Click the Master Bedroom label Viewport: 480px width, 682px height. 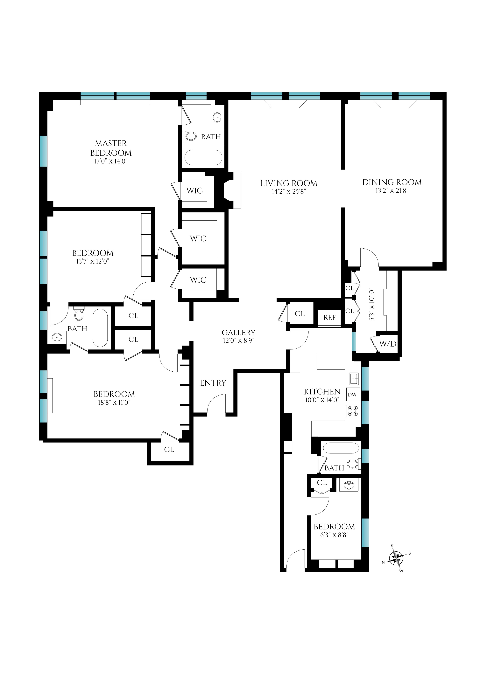111,148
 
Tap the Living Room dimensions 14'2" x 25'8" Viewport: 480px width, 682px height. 289,192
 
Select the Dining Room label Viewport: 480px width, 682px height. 392,182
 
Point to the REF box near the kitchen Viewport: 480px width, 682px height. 329,318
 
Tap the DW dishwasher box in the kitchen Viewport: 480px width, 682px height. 352,395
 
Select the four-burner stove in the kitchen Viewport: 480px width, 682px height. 353,411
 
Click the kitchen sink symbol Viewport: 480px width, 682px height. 354,379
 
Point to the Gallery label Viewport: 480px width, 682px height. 238,332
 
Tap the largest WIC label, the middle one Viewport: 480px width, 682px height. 198,238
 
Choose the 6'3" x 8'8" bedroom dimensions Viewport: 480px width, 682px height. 334,535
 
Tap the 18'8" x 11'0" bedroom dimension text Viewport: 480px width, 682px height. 114,403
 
